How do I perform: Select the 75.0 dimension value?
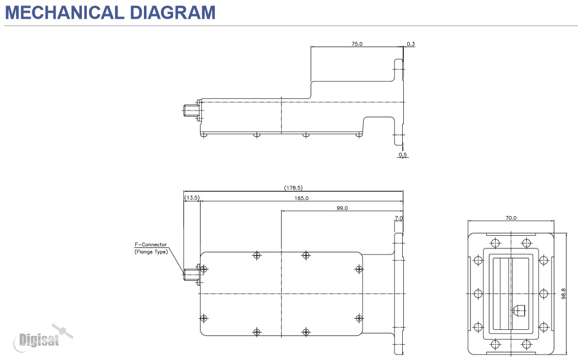pos(357,43)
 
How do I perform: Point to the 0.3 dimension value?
pos(410,43)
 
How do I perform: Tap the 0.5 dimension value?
pos(403,155)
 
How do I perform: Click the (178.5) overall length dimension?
pos(293,188)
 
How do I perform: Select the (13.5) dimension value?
pos(192,198)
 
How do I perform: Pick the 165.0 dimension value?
pos(302,198)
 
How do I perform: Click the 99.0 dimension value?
pos(342,208)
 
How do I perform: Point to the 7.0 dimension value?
pos(399,218)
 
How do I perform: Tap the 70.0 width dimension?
pos(511,218)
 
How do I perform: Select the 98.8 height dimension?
pos(564,293)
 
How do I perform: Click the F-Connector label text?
pos(151,245)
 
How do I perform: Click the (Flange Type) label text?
pos(151,252)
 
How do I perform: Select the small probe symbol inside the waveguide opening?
pos(519,311)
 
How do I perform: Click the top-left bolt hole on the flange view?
pos(496,243)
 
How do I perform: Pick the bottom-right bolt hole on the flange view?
pos(526,345)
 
